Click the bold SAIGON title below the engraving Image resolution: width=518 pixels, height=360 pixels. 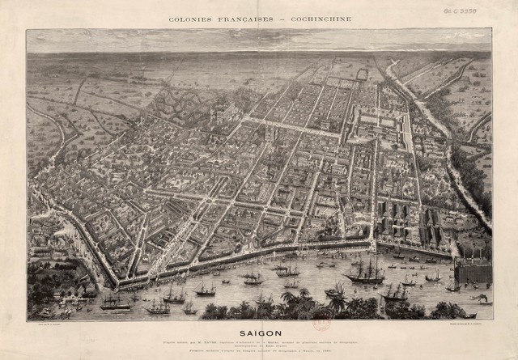coord(258,331)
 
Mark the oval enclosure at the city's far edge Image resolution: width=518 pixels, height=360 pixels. coord(361,74)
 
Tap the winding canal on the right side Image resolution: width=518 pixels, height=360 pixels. coord(441,146)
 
